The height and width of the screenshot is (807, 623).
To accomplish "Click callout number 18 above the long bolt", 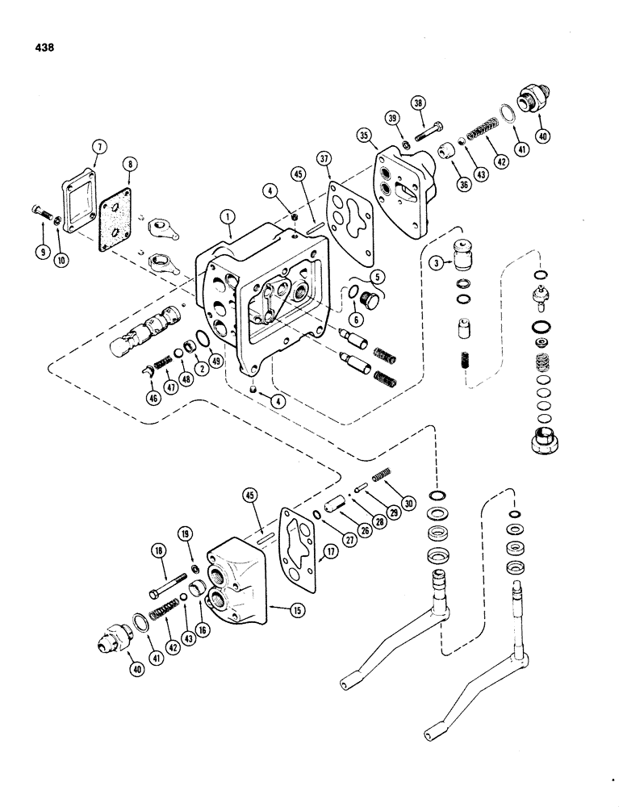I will pyautogui.click(x=157, y=550).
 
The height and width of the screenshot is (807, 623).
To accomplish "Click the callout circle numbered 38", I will pyautogui.click(x=417, y=103).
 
